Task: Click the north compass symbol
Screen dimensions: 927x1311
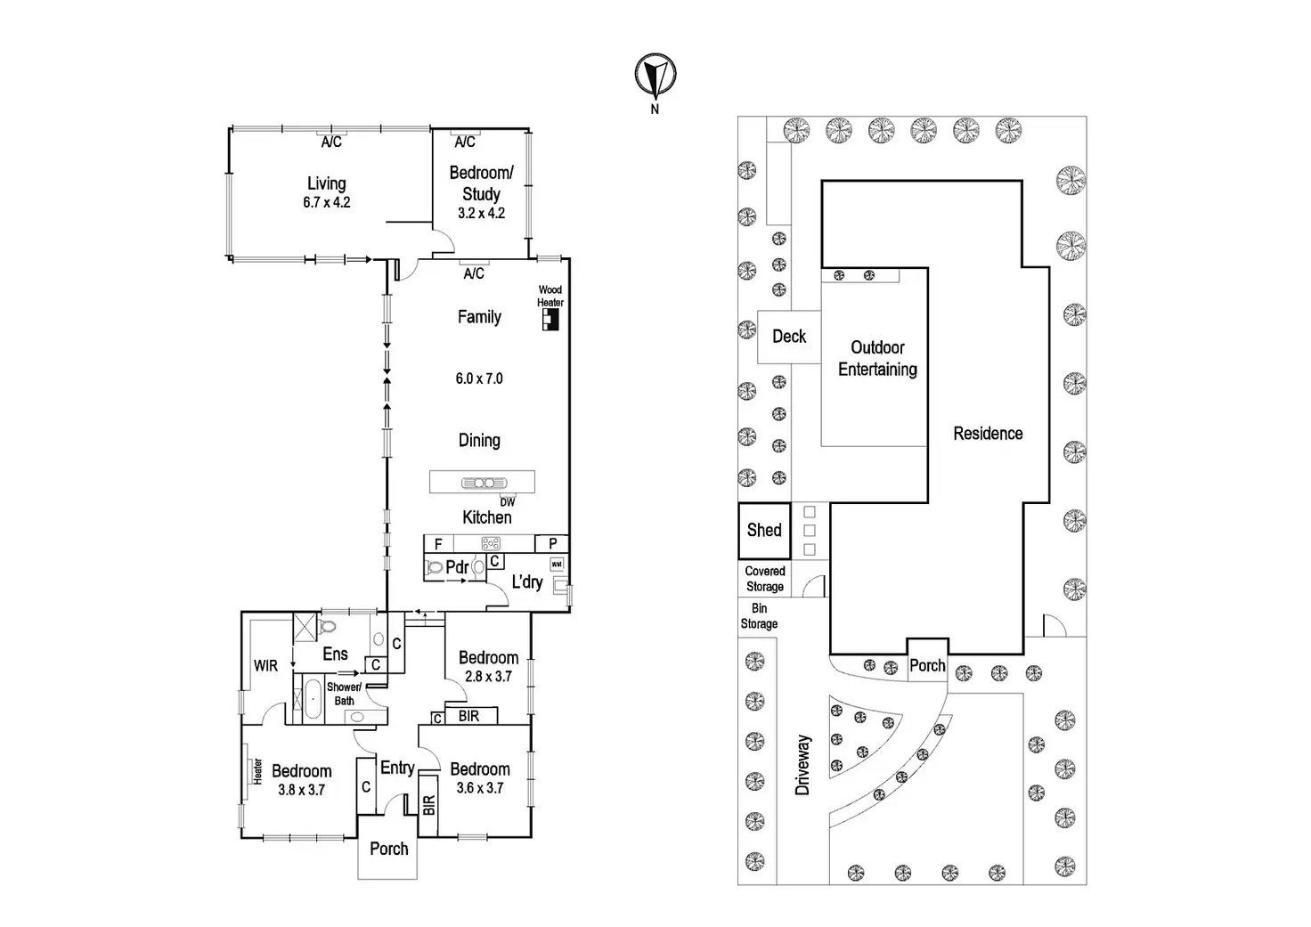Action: click(x=655, y=75)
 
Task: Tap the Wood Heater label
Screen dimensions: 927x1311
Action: click(x=550, y=296)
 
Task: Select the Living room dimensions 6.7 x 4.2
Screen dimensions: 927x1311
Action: click(x=327, y=202)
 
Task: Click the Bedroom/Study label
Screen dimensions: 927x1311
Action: click(x=481, y=183)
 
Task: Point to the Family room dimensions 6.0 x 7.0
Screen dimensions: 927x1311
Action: click(x=479, y=378)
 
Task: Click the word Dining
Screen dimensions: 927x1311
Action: click(x=479, y=440)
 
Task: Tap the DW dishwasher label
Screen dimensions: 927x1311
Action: click(x=507, y=502)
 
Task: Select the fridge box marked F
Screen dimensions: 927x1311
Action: click(x=438, y=544)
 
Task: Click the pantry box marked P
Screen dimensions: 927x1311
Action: click(x=552, y=544)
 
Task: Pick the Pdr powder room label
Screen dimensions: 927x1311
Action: click(x=457, y=567)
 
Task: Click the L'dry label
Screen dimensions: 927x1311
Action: click(x=527, y=581)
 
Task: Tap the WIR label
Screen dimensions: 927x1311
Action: click(x=265, y=665)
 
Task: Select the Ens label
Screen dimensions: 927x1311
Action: click(x=335, y=654)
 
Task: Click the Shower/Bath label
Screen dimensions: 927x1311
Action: click(x=344, y=694)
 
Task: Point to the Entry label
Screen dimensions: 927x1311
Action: click(x=397, y=768)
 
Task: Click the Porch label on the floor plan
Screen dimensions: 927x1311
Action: click(x=389, y=849)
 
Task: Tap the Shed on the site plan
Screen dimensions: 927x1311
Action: click(x=764, y=531)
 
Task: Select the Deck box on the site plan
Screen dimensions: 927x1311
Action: click(x=789, y=337)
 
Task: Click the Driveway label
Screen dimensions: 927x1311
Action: click(x=803, y=765)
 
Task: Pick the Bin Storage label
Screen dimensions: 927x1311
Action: click(x=759, y=616)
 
